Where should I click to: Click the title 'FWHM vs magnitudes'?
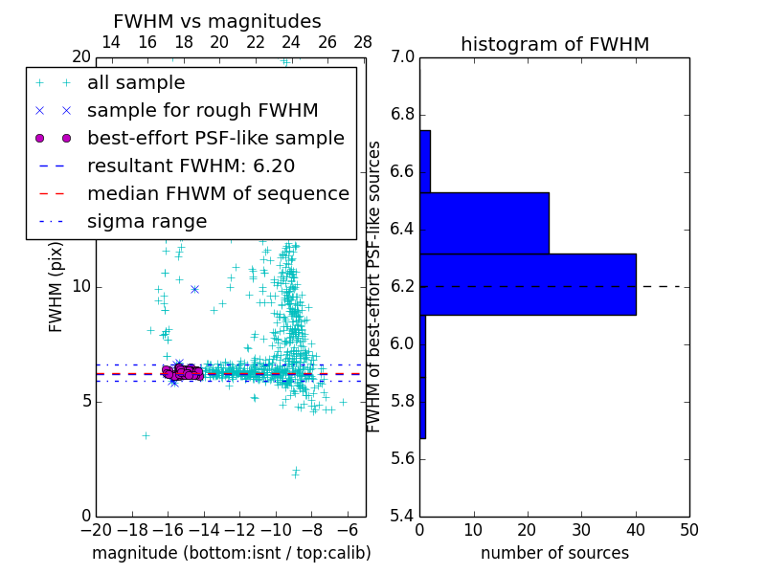pyautogui.click(x=216, y=22)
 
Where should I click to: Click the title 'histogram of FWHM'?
pyautogui.click(x=554, y=45)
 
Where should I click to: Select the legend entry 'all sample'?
pyautogui.click(x=136, y=83)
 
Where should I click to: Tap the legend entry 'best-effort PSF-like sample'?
pyautogui.click(x=215, y=138)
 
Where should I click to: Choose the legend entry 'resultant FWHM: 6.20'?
pyautogui.click(x=191, y=166)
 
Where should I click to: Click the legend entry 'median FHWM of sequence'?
pyautogui.click(x=217, y=193)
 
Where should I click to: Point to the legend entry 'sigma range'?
pyautogui.click(x=146, y=221)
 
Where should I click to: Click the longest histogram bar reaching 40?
pyautogui.click(x=528, y=284)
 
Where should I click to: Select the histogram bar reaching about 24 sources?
pyautogui.click(x=484, y=223)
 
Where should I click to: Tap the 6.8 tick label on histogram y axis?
pyautogui.click(x=402, y=115)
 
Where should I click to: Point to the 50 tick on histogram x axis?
pyautogui.click(x=688, y=530)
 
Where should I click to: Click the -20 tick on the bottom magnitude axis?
pyautogui.click(x=96, y=530)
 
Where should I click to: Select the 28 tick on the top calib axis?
pyautogui.click(x=363, y=42)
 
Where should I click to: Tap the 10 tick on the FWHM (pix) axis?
pyautogui.click(x=80, y=287)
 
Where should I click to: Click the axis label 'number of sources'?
pyautogui.click(x=554, y=553)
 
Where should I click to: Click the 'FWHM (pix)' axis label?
pyautogui.click(x=56, y=287)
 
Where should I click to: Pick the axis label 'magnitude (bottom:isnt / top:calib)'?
pyautogui.click(x=231, y=553)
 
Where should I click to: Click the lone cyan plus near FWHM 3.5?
pyautogui.click(x=146, y=435)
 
